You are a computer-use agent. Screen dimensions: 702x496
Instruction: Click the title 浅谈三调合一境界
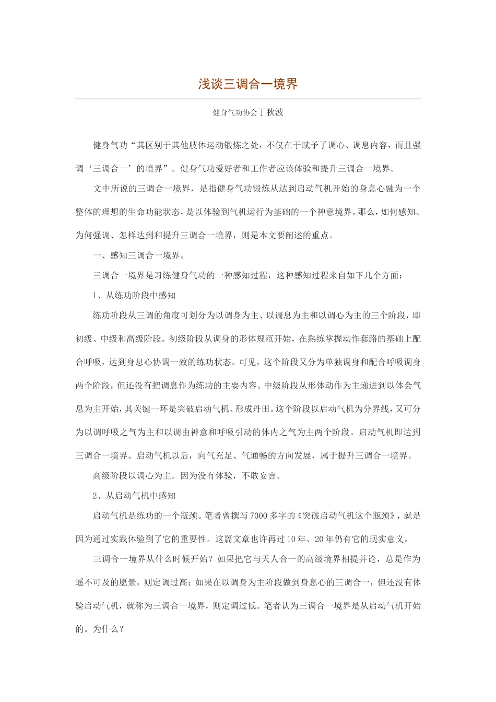point(247,84)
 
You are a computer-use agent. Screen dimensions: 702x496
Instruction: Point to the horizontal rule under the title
point(247,99)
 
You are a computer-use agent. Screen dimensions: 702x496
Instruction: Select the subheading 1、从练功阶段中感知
point(134,295)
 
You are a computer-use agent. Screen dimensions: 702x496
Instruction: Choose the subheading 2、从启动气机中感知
point(134,495)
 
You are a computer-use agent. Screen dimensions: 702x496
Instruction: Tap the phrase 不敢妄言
point(263,476)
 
